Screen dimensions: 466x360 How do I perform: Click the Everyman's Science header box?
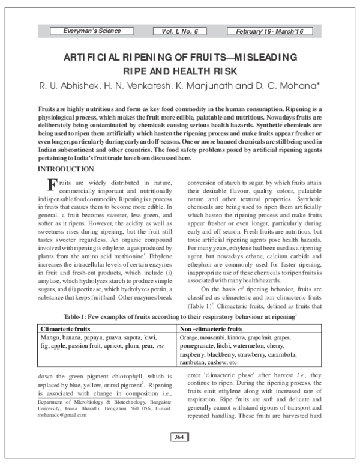[92, 31]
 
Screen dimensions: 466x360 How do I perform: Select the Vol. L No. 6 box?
[179, 31]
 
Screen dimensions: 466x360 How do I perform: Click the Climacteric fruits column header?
[66, 329]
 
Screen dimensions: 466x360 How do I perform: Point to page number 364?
[179, 453]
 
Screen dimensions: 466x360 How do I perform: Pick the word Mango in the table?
[50, 338]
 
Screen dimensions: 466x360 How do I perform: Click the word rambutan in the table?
[196, 363]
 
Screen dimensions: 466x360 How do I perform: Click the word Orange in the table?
[189, 338]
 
